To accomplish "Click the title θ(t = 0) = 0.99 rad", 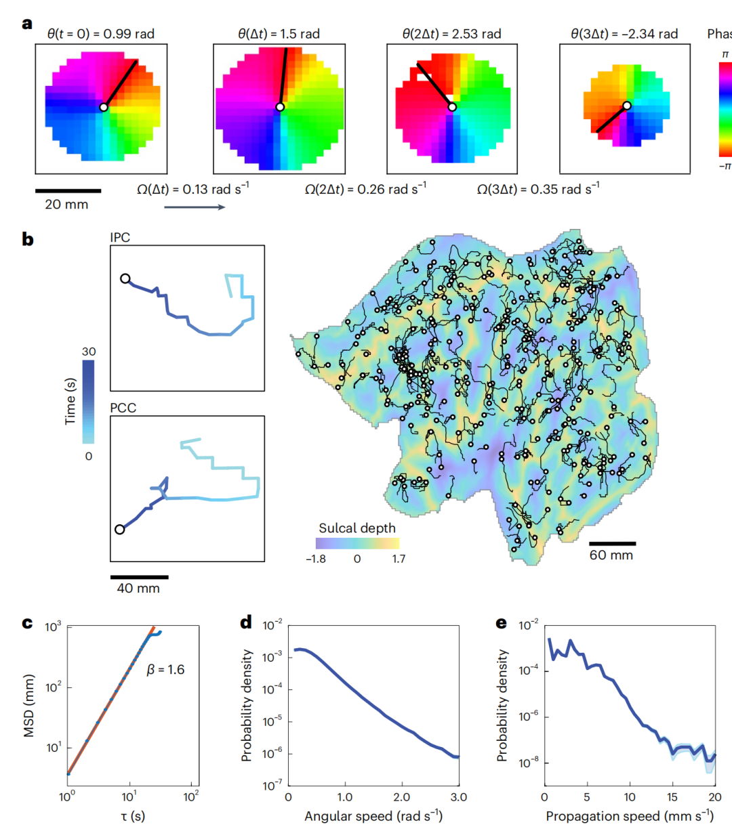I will point(101,33).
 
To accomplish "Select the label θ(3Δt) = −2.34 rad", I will point(624,34).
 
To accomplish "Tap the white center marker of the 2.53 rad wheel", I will point(452,107).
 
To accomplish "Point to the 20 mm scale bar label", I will point(66,205).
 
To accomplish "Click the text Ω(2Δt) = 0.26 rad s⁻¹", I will point(365,189).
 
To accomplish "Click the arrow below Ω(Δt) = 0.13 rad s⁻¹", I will point(195,207).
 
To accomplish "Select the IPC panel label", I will point(120,237).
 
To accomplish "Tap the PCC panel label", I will point(123,408).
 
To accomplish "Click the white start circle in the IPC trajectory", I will point(125,278).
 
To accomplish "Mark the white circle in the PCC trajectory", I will point(120,530).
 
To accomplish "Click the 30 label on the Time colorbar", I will point(89,351).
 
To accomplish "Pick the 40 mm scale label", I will point(138,589).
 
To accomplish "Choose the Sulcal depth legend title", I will point(357,528).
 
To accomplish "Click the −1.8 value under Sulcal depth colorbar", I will point(316,559).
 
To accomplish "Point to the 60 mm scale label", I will point(611,555).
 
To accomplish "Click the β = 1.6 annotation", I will point(165,670).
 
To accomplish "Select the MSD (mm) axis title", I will point(29,706).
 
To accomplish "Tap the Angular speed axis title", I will point(373,816).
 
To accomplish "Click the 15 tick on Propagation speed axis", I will point(672,797).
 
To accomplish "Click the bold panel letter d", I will point(246,622).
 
